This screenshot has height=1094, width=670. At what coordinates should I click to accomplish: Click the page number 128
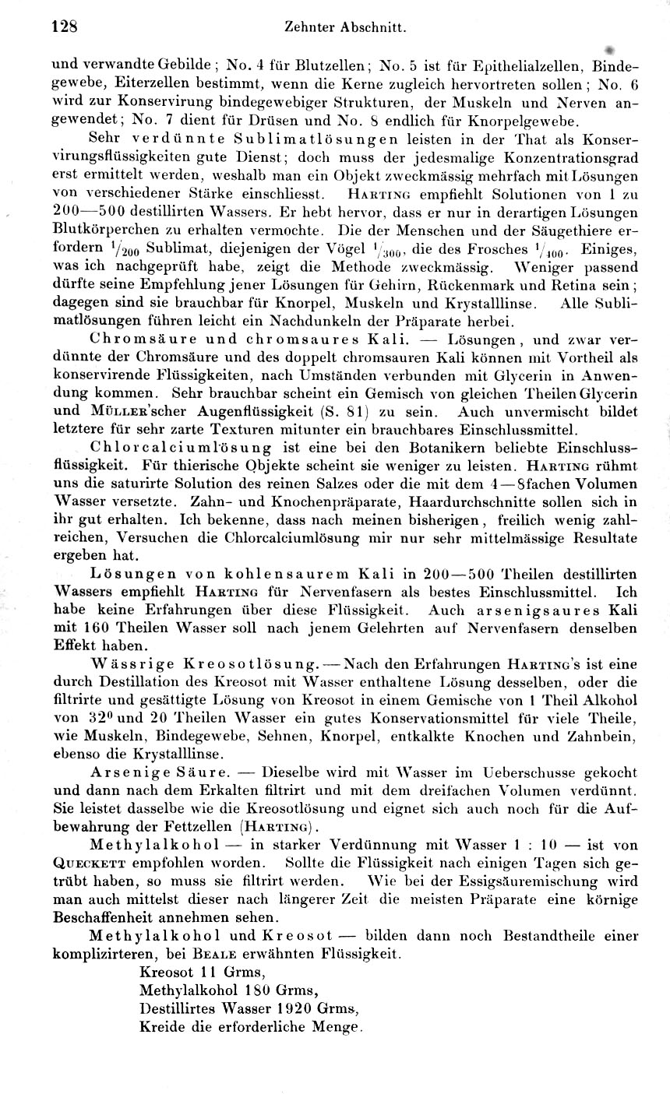[65, 26]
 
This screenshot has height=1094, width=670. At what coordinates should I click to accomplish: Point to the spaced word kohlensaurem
[272, 573]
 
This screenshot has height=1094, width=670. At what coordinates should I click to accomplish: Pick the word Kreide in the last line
[160, 1028]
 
